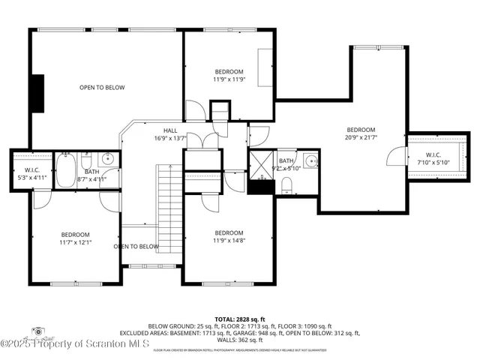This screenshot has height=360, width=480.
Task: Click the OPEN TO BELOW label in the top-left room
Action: pos(102,88)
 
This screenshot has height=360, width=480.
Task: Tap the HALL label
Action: pos(170,130)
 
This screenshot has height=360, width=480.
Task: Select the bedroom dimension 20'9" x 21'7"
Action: pos(361,136)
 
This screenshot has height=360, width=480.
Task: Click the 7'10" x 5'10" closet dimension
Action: pos(433,162)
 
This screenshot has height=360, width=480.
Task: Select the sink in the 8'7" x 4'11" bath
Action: pos(108,158)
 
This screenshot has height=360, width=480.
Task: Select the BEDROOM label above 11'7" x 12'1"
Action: pos(75,235)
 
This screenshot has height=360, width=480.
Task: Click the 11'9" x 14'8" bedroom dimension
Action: pos(229,241)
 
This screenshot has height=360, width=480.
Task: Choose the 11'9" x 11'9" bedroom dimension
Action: pos(228,79)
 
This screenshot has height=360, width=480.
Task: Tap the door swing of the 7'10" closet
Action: pos(393,157)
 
